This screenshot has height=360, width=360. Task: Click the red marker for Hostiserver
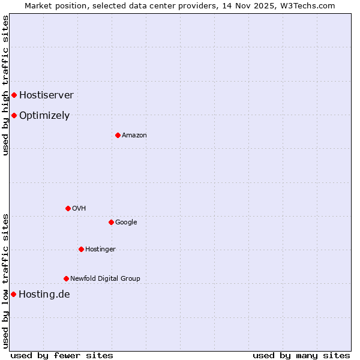pyautogui.click(x=14, y=95)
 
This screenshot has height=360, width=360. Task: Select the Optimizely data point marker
pyautogui.click(x=14, y=115)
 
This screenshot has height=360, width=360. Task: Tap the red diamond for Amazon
pyautogui.click(x=118, y=135)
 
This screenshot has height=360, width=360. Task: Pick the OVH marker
pyautogui.click(x=68, y=208)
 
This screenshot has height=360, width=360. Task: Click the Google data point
pyautogui.click(x=111, y=222)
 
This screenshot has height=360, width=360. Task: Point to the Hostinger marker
pyautogui.click(x=81, y=249)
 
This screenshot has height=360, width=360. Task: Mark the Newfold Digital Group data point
pyautogui.click(x=66, y=278)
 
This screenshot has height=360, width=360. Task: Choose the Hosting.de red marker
pyautogui.click(x=13, y=294)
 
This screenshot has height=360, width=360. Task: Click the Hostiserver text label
pyautogui.click(x=46, y=95)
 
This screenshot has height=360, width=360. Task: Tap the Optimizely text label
pyautogui.click(x=44, y=115)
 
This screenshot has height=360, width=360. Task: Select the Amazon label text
pyautogui.click(x=134, y=135)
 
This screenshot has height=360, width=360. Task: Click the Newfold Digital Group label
pyautogui.click(x=105, y=278)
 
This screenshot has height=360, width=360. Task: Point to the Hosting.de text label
pyautogui.click(x=44, y=294)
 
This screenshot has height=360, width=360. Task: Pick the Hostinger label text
pyautogui.click(x=100, y=249)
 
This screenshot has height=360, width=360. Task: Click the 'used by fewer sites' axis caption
pyautogui.click(x=62, y=355)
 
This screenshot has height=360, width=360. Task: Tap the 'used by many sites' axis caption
pyautogui.click(x=301, y=355)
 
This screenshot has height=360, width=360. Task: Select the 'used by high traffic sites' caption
pyautogui.click(x=5, y=85)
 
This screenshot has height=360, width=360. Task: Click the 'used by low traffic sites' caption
pyautogui.click(x=5, y=281)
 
